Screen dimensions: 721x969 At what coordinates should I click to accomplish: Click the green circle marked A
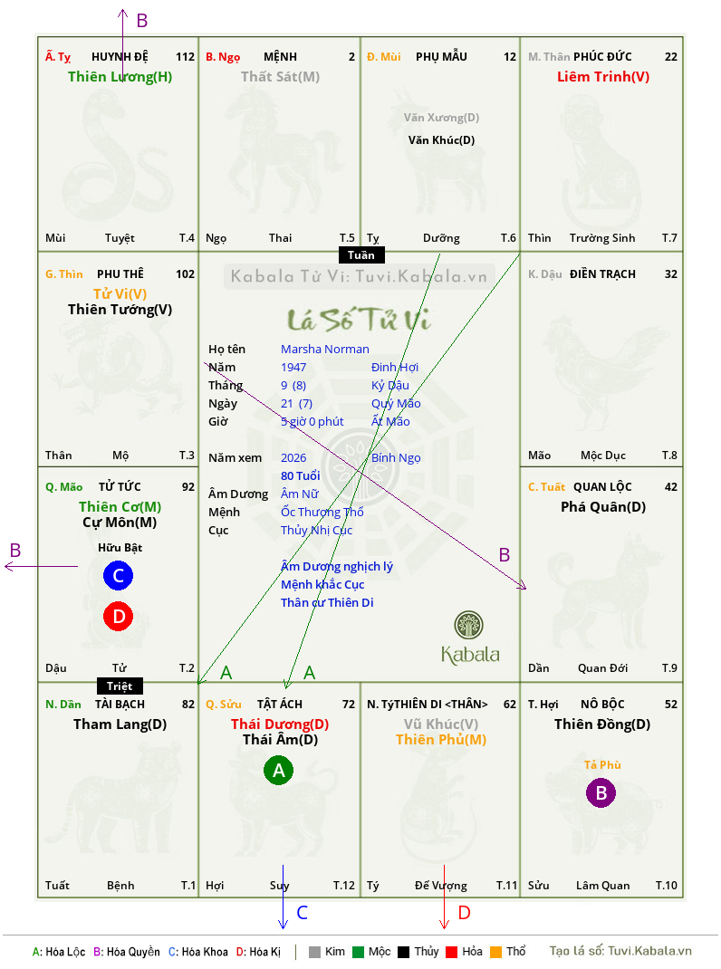(279, 770)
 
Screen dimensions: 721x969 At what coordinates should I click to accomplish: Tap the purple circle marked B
(601, 792)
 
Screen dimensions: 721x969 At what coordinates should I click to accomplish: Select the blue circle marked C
(118, 575)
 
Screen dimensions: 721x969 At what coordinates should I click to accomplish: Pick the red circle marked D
(118, 616)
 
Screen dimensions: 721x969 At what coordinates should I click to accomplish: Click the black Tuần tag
(361, 255)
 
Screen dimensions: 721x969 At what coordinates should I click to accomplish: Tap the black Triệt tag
(120, 686)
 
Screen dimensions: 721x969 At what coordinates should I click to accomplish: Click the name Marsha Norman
(324, 350)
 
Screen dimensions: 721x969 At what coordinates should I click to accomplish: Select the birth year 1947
(293, 367)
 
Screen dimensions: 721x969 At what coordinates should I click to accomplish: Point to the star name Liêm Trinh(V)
(603, 77)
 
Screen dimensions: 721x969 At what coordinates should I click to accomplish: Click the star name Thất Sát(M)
(280, 77)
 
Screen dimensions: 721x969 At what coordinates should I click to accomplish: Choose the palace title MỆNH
(280, 57)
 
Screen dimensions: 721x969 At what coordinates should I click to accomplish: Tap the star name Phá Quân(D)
(603, 507)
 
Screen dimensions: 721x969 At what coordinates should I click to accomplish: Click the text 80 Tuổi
(301, 475)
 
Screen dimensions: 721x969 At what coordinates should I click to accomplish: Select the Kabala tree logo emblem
(468, 625)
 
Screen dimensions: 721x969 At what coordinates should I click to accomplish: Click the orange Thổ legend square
(496, 952)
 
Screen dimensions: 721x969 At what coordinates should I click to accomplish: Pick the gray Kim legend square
(314, 952)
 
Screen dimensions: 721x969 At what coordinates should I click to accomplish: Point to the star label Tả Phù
(602, 765)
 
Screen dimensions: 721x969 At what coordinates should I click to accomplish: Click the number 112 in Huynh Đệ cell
(185, 57)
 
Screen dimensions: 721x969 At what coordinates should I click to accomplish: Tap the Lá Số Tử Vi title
(359, 320)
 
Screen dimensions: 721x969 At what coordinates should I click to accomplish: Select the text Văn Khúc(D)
(441, 140)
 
